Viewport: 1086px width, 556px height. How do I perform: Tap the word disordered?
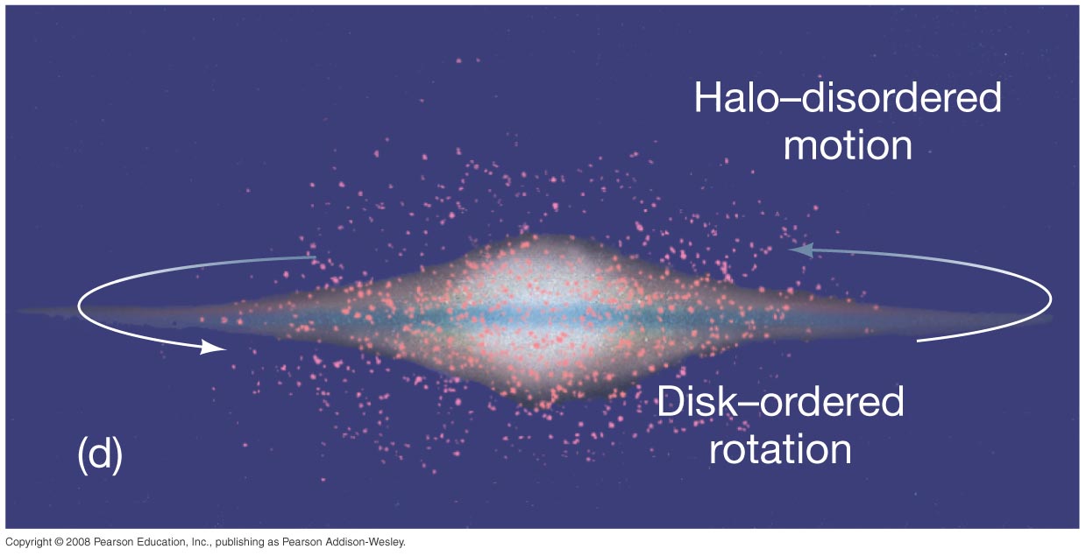pyautogui.click(x=902, y=97)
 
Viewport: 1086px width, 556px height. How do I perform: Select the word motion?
pyautogui.click(x=848, y=145)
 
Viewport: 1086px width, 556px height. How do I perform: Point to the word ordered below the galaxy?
pyautogui.click(x=832, y=402)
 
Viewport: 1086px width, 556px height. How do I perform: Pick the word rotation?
pyautogui.click(x=780, y=450)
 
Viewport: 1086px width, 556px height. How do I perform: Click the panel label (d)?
pyautogui.click(x=100, y=454)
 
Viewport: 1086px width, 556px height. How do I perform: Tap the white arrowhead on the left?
pyautogui.click(x=213, y=347)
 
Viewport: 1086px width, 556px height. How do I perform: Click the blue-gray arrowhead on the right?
pyautogui.click(x=800, y=250)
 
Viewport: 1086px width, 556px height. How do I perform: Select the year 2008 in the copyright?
pyautogui.click(x=78, y=542)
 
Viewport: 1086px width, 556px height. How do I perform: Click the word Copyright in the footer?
pyautogui.click(x=28, y=543)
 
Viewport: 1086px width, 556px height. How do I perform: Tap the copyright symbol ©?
pyautogui.click(x=59, y=542)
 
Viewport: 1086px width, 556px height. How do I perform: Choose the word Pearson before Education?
pyautogui.click(x=111, y=542)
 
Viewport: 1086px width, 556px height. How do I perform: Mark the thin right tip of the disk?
pyautogui.click(x=1051, y=318)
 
